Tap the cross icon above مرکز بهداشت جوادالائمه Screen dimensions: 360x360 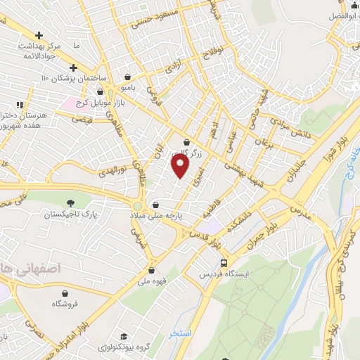coord(39,36)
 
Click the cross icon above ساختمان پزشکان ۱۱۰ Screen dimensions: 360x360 coord(73,67)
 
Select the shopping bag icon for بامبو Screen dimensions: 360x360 coord(127,77)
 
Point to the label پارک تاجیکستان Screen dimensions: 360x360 coord(69,214)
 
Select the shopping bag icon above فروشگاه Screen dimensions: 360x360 coord(65,292)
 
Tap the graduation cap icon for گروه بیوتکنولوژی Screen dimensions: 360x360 coord(124,337)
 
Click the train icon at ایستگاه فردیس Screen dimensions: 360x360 coord(223,262)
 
